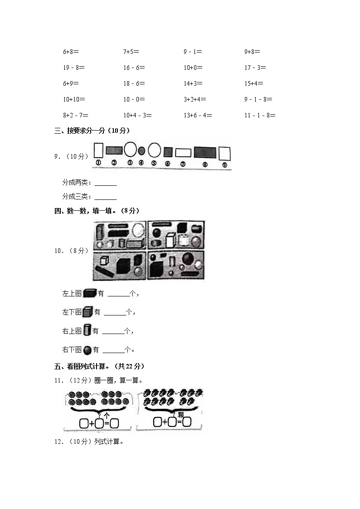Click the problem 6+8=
coord(71,52)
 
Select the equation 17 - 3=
coord(255,68)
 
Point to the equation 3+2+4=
coord(195,99)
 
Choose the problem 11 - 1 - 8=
coord(260,115)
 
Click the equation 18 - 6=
coord(134,83)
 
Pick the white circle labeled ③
coord(130,149)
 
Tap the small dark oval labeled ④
coord(141,150)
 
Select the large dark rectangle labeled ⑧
coord(205,152)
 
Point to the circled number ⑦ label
coord(183,165)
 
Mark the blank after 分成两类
coord(106,183)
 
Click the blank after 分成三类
coord(106,197)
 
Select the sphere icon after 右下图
coord(87,349)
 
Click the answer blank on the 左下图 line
coord(114,312)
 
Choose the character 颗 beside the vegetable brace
coord(181,414)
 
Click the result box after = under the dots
coord(114,423)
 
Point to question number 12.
coord(58,441)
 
